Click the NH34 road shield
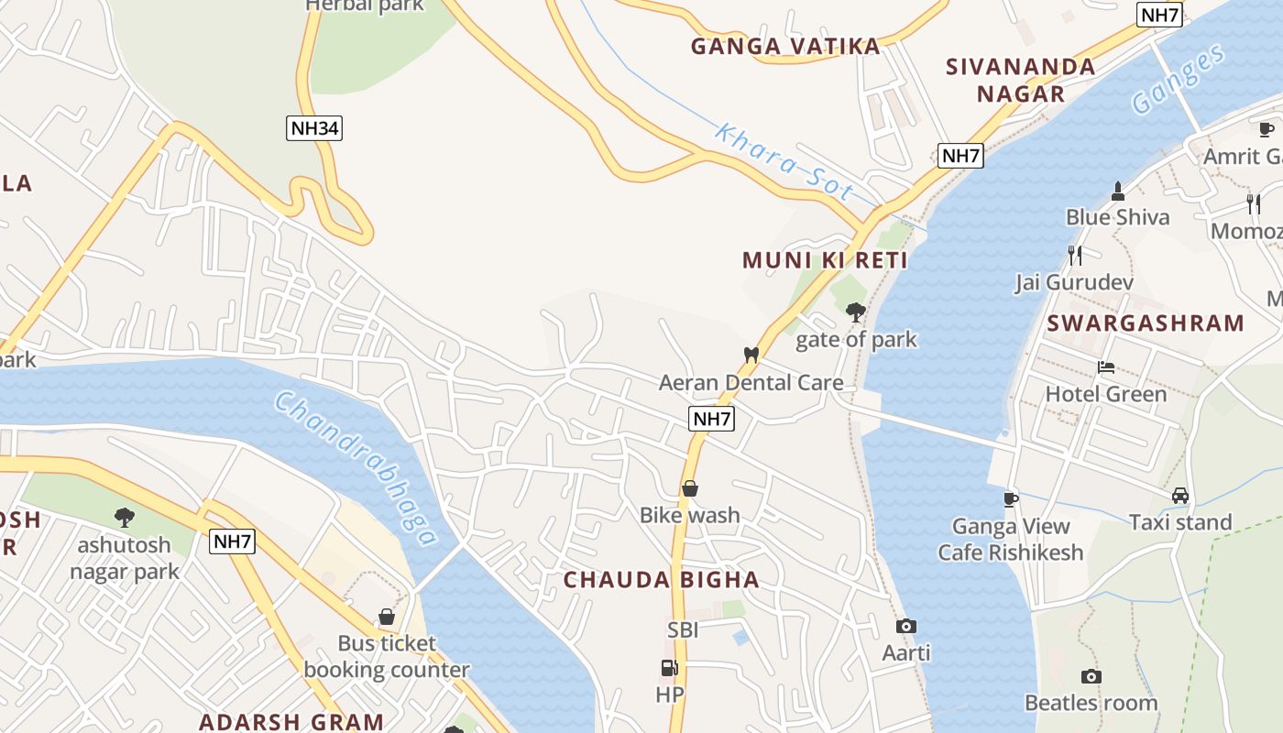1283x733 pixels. pos(313,128)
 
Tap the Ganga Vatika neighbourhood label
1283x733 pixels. pos(785,47)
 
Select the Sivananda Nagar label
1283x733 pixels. pos(1020,80)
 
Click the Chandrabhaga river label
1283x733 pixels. pos(356,468)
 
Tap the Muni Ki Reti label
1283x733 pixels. pos(825,260)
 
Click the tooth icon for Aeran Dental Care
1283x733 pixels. pos(751,355)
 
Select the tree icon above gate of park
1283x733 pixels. pos(856,312)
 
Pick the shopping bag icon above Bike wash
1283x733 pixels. pos(690,488)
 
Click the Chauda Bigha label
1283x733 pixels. pos(661,580)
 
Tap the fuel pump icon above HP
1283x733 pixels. pos(670,668)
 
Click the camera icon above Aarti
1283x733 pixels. pos(906,626)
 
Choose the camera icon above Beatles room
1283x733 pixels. pos(1091,676)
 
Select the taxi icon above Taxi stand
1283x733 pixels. pos(1180,496)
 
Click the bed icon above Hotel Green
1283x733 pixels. pos(1106,367)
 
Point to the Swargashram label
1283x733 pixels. pos(1146,323)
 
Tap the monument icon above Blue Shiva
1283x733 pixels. pos(1117,191)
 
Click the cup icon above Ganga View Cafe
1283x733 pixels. pos(1010,498)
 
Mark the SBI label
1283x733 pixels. pos(683,629)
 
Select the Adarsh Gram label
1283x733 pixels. pos(291,722)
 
